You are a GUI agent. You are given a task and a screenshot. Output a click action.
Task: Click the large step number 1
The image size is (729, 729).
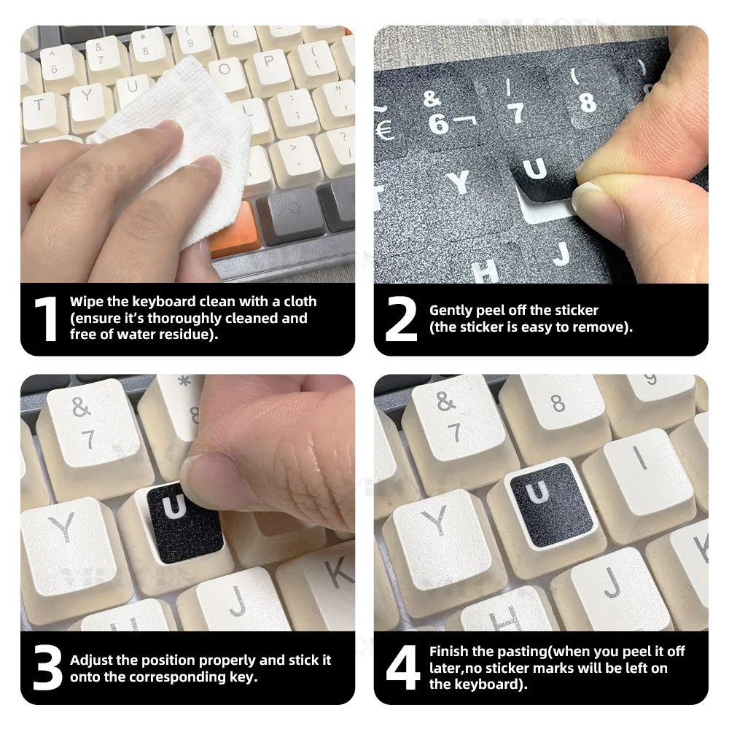[x=45, y=319]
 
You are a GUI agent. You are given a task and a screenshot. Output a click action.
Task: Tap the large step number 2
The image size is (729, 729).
[x=401, y=319]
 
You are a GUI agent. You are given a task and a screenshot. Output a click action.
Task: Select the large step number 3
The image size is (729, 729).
[x=47, y=668]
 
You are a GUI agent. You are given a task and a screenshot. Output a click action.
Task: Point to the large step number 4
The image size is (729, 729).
[x=402, y=668]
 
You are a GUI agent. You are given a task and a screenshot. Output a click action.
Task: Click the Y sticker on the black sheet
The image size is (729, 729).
[x=459, y=182]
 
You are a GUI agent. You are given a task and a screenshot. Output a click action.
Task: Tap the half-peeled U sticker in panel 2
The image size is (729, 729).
[x=542, y=179]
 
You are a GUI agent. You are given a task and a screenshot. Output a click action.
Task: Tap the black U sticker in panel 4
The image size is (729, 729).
[x=552, y=505]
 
